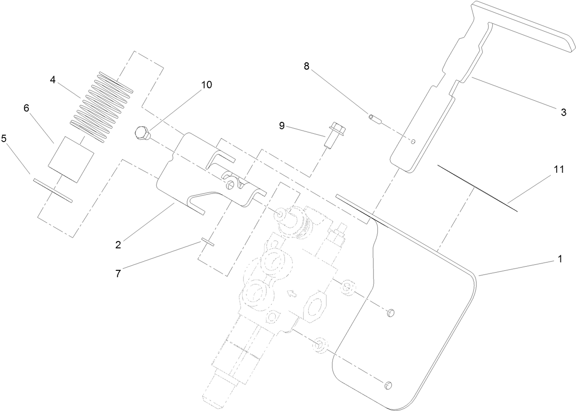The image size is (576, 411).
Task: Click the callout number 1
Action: pyautogui.click(x=559, y=259)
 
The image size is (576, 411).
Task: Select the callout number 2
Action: pyautogui.click(x=118, y=245)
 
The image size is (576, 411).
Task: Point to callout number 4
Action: pyautogui.click(x=53, y=80)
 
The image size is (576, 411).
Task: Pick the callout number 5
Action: pyautogui.click(x=4, y=138)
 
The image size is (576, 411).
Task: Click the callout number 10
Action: pyautogui.click(x=206, y=85)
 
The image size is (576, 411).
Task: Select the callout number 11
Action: pyautogui.click(x=558, y=170)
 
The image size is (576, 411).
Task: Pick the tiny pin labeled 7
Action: pyautogui.click(x=207, y=242)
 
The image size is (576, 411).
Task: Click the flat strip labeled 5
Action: pyautogui.click(x=53, y=190)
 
